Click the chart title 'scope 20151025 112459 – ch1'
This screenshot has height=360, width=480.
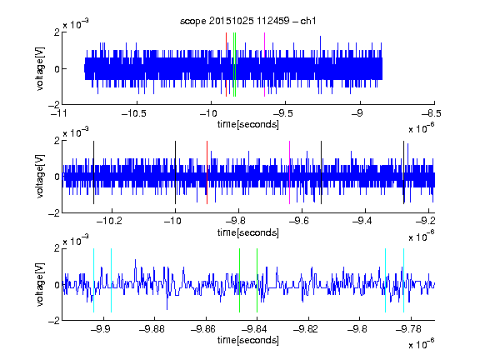247,21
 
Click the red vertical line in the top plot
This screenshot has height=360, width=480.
226,65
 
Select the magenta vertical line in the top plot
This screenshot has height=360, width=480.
264,65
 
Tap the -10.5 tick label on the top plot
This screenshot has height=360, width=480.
134,114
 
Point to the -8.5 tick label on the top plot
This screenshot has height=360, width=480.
431,114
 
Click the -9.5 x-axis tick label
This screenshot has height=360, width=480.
282,114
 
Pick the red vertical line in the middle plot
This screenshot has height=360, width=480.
207,172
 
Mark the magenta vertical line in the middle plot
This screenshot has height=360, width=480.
290,172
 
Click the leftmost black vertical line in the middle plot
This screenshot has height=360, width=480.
93,172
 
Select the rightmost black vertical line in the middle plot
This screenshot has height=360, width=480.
404,172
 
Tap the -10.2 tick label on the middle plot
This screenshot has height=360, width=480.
109,221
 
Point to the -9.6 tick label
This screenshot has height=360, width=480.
299,221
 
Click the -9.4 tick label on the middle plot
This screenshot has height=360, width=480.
362,221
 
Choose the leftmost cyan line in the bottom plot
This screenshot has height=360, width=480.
93,280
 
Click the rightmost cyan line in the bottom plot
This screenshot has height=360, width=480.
404,280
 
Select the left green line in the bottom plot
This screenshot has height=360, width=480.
239,280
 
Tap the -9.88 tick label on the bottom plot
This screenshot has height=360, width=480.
152,329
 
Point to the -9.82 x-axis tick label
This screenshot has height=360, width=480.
306,329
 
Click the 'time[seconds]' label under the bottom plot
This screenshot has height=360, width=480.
248,340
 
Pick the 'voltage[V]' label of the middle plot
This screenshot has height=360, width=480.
40,177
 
